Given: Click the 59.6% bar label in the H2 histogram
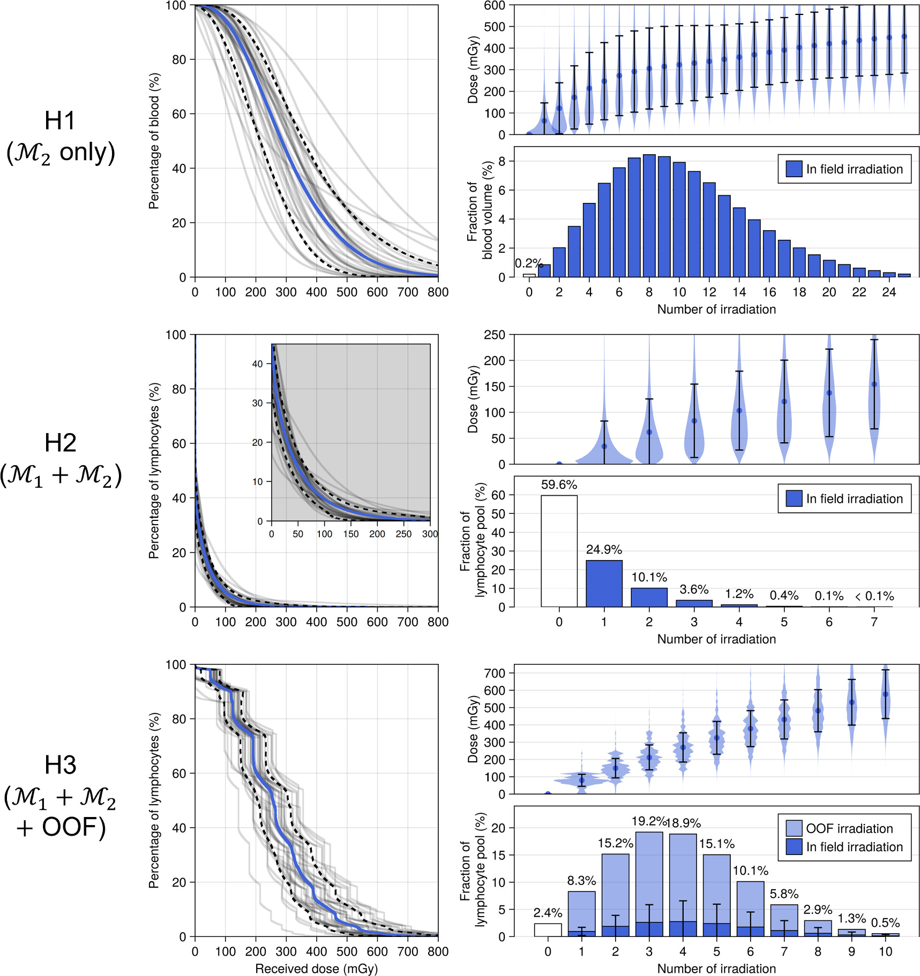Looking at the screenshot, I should tap(559, 485).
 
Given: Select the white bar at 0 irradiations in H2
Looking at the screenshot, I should tap(559, 551).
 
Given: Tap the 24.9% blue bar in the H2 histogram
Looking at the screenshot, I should tap(604, 584).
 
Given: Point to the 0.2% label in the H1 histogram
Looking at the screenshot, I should tap(528, 263).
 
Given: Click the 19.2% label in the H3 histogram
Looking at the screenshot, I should tap(648, 821).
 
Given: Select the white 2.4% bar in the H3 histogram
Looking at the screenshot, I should tap(548, 930).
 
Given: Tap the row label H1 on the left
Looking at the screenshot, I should tap(60, 121).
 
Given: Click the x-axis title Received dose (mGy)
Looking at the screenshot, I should tap(316, 969).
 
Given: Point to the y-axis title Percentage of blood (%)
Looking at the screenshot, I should tap(154, 141).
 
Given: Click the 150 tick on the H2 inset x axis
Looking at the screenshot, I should tap(350, 534).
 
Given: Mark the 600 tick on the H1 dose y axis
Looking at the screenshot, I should tap(495, 5).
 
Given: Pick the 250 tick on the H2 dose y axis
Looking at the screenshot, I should tap(495, 335).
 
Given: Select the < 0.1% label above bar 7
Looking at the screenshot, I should tap(874, 596).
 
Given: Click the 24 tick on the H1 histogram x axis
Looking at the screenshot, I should tap(889, 292).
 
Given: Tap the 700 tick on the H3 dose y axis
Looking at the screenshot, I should tap(495, 673).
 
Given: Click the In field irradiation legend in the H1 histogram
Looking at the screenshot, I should tap(844, 169).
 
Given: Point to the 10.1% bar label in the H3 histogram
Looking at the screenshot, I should tap(750, 871).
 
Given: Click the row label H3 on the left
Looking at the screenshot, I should tap(60, 766).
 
